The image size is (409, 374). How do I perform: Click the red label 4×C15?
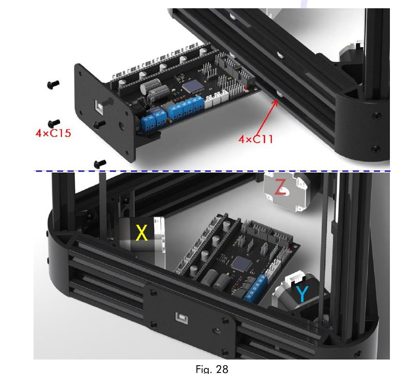point(53,133)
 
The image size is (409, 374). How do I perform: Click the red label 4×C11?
point(255,138)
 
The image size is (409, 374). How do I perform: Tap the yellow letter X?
point(141,233)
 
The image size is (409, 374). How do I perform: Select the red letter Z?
point(280,186)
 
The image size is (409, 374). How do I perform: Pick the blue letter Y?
point(303,294)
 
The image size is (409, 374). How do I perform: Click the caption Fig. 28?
point(211,369)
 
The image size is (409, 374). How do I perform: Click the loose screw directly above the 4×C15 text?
point(52,122)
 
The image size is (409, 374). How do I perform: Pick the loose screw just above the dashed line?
point(100,163)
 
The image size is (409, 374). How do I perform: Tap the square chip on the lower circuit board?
point(238,264)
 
